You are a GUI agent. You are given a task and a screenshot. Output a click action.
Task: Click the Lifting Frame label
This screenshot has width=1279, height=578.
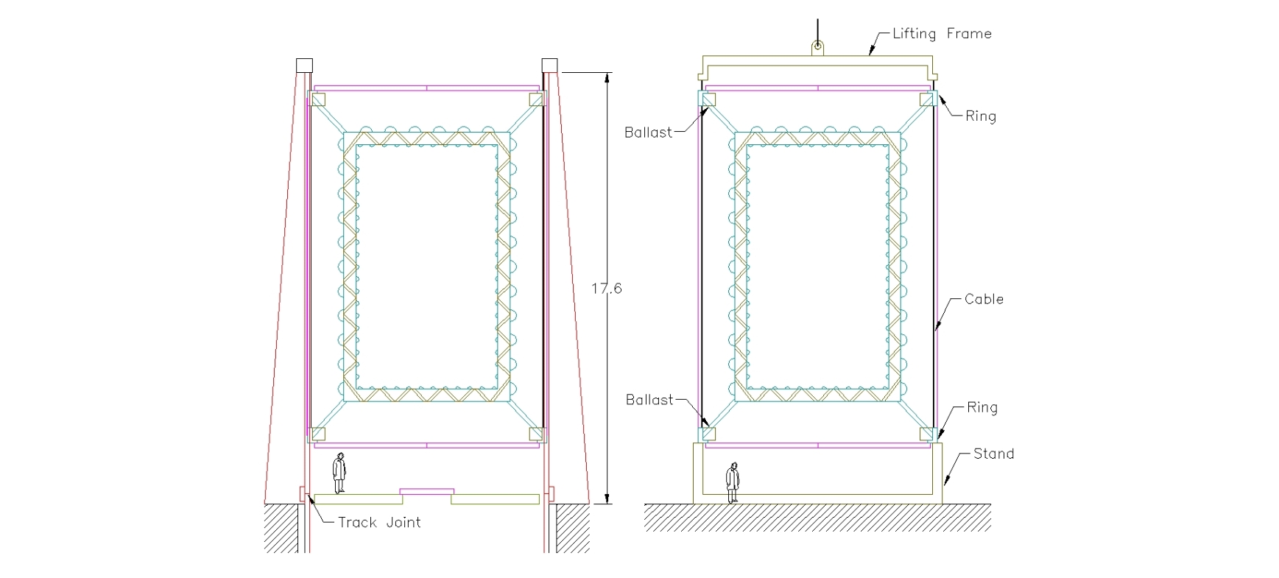pos(942,34)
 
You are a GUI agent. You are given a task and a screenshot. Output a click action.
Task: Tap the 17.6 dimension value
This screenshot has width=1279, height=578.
pos(606,289)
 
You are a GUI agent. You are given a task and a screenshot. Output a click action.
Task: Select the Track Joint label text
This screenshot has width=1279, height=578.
pos(379,523)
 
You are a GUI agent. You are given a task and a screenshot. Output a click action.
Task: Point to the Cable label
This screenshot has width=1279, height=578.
pos(984,299)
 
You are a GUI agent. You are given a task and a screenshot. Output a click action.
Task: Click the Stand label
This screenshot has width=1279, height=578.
pos(993,454)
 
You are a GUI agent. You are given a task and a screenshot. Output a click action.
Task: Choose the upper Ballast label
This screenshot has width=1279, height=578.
pos(648,133)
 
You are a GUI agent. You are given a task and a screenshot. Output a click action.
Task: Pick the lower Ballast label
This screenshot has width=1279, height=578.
pos(649,400)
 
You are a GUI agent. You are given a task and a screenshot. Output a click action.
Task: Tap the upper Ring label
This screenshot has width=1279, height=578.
pos(981,116)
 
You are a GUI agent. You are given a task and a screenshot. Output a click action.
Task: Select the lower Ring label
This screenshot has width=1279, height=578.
pos(982,408)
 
